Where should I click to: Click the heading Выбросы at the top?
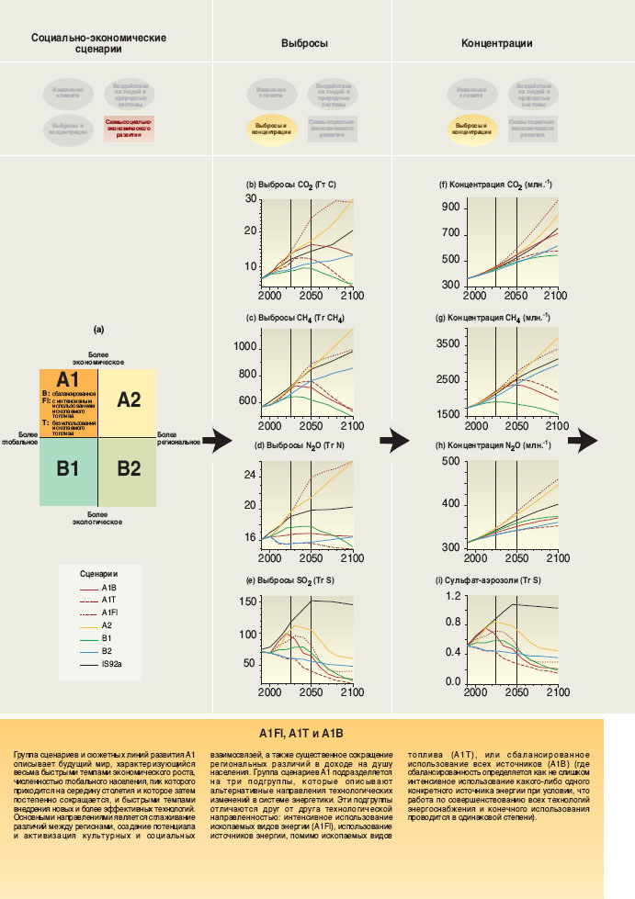click(x=304, y=43)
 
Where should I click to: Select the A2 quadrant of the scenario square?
click(x=130, y=399)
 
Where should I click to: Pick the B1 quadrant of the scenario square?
click(x=69, y=468)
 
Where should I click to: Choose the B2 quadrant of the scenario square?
click(x=130, y=468)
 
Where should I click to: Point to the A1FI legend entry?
click(x=109, y=612)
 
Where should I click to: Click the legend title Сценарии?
click(x=99, y=571)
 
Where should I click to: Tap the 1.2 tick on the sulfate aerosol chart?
click(x=452, y=597)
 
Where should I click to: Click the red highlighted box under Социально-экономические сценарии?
click(x=129, y=128)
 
